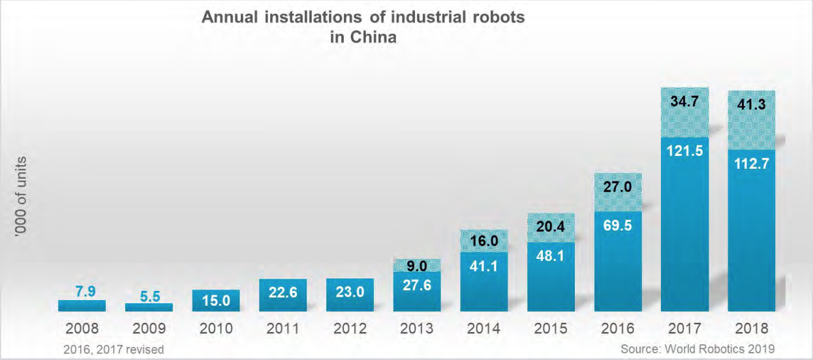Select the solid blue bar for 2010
point(216,301)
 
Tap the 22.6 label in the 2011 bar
point(283,293)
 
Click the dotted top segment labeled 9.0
point(417,265)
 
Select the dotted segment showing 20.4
point(551,228)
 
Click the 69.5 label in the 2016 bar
point(617,229)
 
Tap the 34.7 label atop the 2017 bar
point(684,102)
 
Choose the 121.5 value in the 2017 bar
point(684,151)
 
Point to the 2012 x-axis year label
point(350,328)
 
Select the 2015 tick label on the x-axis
point(551,328)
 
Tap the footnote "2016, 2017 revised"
point(114,350)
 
